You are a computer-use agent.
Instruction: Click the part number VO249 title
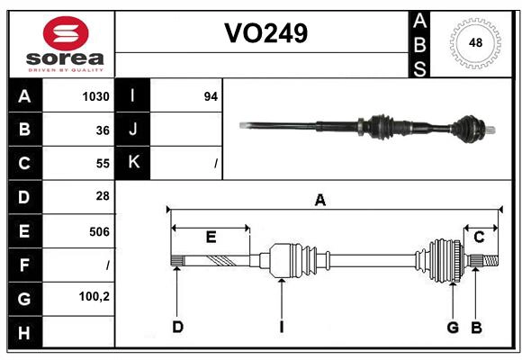click(x=265, y=33)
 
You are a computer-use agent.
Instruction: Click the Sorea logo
click(x=66, y=45)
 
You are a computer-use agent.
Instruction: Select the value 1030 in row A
click(x=95, y=96)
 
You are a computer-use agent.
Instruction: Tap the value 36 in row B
click(x=102, y=130)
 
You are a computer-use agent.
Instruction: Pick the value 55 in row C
click(x=102, y=164)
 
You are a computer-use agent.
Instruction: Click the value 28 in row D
click(x=102, y=196)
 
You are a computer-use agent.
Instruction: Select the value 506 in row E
click(x=99, y=231)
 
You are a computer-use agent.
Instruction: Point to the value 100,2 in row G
click(x=94, y=296)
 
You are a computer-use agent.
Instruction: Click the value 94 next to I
click(x=211, y=96)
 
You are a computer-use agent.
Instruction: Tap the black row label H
click(x=23, y=334)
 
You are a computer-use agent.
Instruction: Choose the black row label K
click(x=133, y=163)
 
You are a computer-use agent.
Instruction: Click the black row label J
click(x=133, y=130)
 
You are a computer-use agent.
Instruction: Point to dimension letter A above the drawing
click(x=319, y=200)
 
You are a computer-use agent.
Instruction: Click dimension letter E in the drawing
click(x=211, y=237)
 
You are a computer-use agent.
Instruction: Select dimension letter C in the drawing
click(x=479, y=237)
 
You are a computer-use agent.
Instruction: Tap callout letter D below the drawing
click(x=177, y=327)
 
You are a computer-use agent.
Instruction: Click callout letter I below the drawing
click(x=281, y=327)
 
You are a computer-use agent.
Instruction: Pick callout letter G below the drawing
click(x=453, y=327)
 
